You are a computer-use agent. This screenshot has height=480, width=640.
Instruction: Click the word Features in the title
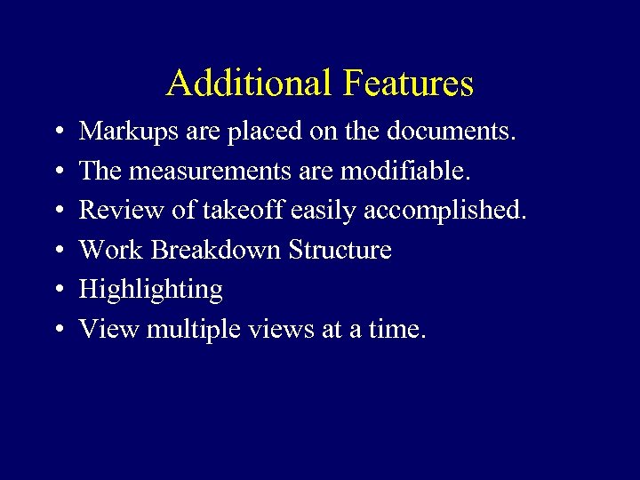pyautogui.click(x=408, y=84)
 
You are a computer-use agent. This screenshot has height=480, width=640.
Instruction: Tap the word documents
pyautogui.click(x=450, y=132)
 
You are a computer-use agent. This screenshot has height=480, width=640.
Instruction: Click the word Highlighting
pyautogui.click(x=151, y=290)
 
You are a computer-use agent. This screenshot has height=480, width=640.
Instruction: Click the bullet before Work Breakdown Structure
pyautogui.click(x=57, y=251)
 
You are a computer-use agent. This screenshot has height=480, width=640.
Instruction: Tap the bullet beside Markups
pyautogui.click(x=57, y=132)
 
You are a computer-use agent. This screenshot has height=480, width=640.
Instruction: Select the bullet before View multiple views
pyautogui.click(x=57, y=330)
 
